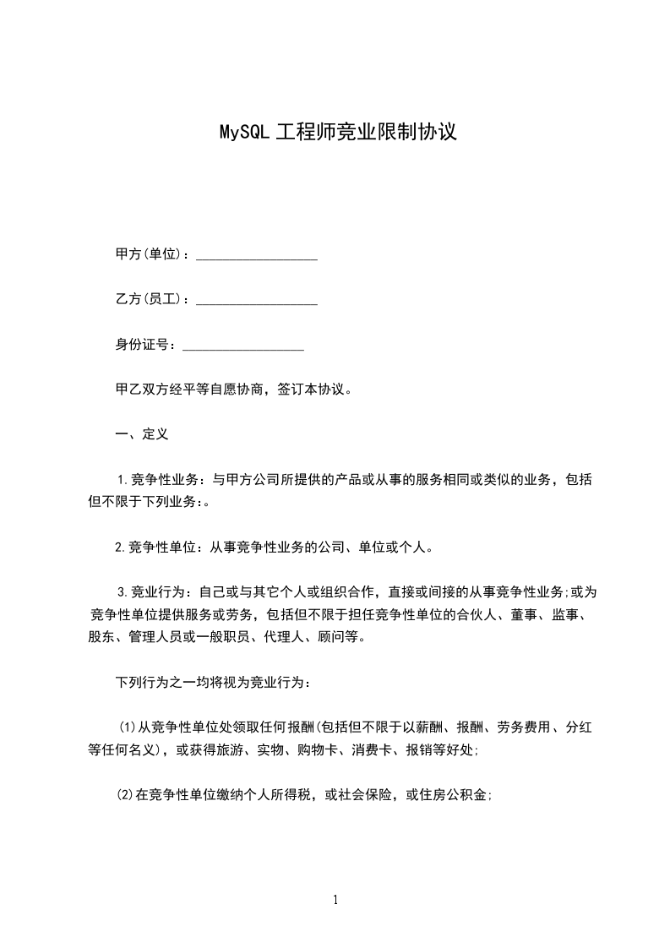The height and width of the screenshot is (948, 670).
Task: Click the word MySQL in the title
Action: (x=245, y=133)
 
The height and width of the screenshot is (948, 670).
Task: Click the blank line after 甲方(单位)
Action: (x=257, y=255)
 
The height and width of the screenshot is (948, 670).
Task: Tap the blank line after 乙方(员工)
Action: (x=257, y=300)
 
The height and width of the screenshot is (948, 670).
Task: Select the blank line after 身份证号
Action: (x=243, y=345)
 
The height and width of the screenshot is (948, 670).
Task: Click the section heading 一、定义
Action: (x=142, y=434)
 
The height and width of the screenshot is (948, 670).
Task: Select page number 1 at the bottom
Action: (x=335, y=900)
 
